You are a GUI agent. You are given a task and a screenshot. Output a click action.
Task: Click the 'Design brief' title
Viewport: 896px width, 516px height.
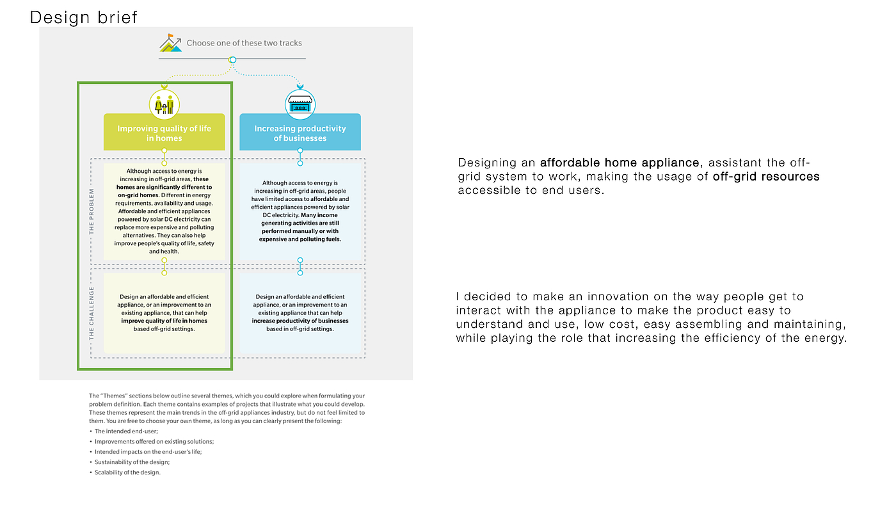[84, 17]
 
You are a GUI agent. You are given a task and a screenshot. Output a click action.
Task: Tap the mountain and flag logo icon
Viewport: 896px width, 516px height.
[170, 43]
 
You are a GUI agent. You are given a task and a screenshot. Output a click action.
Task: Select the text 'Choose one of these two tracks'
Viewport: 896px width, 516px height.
[244, 43]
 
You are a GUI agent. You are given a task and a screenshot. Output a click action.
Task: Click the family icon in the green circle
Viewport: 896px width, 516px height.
[164, 104]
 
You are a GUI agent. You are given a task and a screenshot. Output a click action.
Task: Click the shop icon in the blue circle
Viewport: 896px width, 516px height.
[300, 104]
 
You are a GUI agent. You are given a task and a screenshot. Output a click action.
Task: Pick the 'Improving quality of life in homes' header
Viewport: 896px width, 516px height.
[164, 133]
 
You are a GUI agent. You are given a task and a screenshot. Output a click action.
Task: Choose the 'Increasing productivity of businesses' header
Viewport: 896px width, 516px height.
[300, 133]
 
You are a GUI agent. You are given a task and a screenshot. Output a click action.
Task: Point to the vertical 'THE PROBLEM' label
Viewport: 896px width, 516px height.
[92, 211]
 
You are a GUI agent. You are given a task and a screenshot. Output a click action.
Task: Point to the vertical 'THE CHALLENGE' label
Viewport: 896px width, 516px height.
[92, 313]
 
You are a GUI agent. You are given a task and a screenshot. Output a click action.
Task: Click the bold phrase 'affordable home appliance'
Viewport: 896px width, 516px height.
[619, 163]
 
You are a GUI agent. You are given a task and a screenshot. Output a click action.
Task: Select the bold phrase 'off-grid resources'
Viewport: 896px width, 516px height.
[766, 176]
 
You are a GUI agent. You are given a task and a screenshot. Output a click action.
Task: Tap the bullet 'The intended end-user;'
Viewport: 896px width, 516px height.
[126, 431]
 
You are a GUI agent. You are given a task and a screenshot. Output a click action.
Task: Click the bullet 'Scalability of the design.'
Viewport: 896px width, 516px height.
[127, 472]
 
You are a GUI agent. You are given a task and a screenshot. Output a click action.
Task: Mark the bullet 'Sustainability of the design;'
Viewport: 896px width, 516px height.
[132, 462]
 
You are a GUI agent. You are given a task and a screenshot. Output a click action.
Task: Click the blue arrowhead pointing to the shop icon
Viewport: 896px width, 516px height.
[300, 86]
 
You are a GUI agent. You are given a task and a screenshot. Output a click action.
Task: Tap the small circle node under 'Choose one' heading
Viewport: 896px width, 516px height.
[233, 60]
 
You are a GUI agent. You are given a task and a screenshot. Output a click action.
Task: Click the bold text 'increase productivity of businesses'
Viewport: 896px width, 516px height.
[300, 321]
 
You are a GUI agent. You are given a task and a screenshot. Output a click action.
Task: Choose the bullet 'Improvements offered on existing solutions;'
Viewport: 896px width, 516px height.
[154, 442]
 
